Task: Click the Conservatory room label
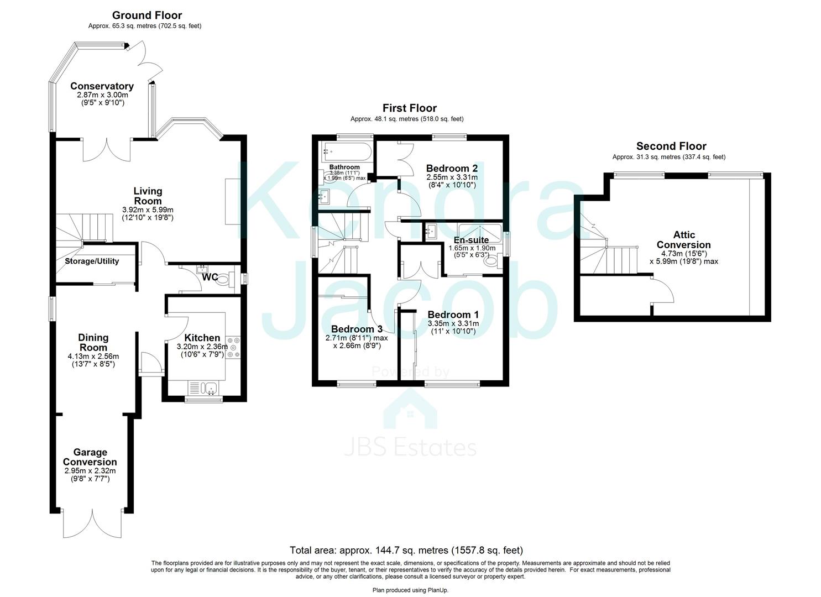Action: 102,86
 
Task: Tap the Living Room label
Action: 148,196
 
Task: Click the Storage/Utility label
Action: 92,261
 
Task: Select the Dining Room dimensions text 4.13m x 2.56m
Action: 93,357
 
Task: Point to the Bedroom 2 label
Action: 452,168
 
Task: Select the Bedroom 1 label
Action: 453,314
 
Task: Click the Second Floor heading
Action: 671,146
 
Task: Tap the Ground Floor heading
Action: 147,15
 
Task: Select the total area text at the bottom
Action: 406,550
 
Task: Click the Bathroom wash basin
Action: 325,196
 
